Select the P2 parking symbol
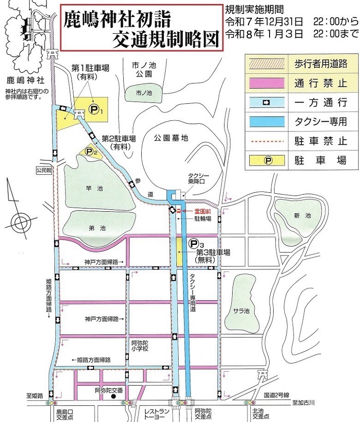pos(90,150)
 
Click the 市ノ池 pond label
pos(143,93)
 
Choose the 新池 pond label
pos(301,216)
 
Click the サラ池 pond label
pos(244,310)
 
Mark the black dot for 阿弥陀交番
pos(113,396)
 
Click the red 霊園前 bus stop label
pos(192,211)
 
